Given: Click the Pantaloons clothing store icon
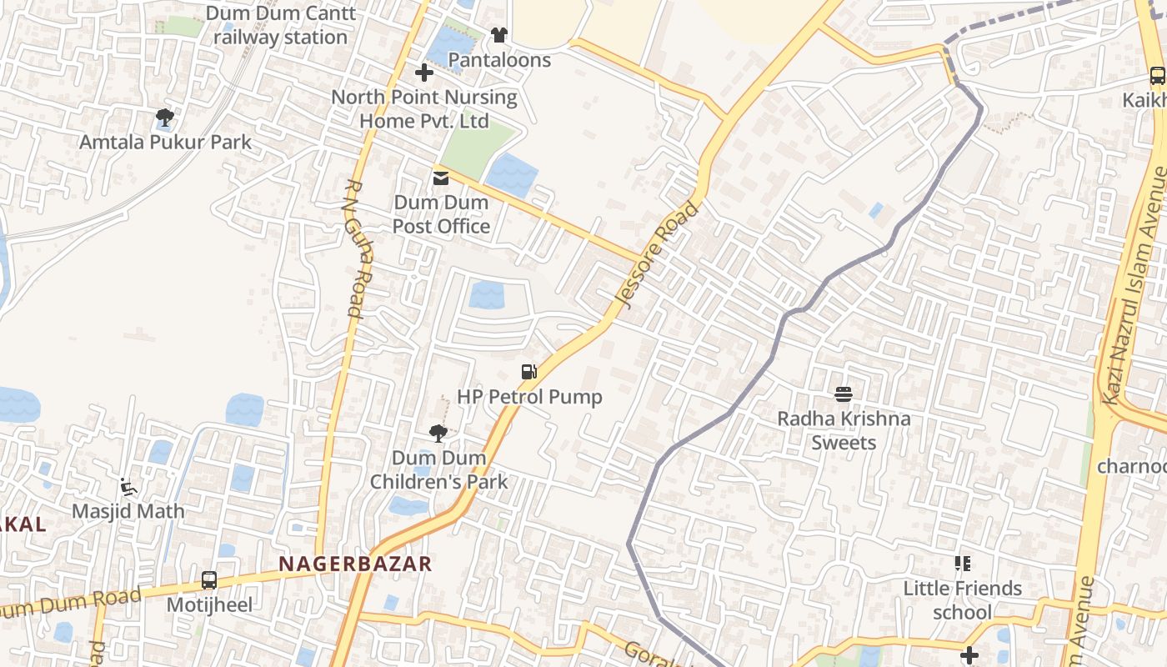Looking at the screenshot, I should (x=498, y=35).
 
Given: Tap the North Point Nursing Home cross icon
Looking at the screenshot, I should (x=424, y=73).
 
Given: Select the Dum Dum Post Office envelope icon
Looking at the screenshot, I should (x=441, y=178).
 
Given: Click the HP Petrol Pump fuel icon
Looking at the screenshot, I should (x=528, y=372).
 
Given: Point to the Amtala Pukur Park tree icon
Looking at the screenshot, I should (x=165, y=118).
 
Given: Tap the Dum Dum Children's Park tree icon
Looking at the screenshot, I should (x=438, y=433).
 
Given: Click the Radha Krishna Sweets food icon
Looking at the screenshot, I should (x=844, y=394).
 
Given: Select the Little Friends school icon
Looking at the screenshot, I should (x=963, y=564).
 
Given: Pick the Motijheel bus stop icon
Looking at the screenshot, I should (x=209, y=579).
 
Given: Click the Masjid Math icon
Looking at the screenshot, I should (x=128, y=487).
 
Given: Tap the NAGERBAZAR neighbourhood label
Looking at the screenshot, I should (x=355, y=564).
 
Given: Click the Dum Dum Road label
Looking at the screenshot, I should (x=71, y=604).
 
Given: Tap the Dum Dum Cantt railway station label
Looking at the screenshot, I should (x=281, y=25).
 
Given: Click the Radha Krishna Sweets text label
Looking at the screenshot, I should (x=844, y=430).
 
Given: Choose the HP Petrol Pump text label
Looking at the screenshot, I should (x=529, y=397).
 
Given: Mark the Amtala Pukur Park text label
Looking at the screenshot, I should (x=165, y=143).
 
